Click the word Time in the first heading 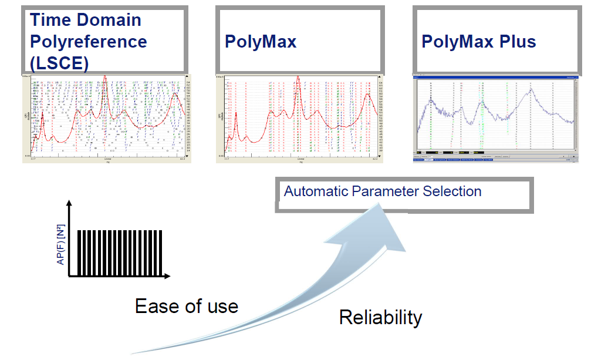pos(51,20)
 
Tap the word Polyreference pos(88,42)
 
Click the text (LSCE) pos(59,62)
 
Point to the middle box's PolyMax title pos(261,42)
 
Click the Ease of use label pos(187,306)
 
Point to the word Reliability pos(380,318)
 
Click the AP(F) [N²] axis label pos(60,247)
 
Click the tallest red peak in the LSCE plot pos(104,78)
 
